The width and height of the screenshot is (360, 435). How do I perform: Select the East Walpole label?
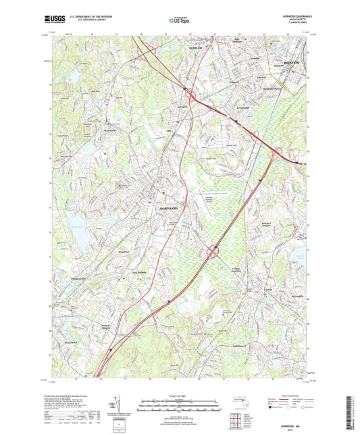pyautogui.click(x=140, y=274)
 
